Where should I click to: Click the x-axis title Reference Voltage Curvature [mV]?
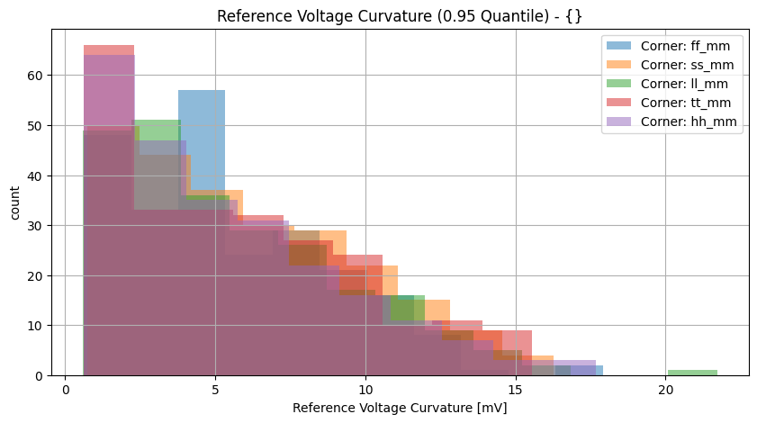point(399,408)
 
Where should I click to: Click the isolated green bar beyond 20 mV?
point(692,373)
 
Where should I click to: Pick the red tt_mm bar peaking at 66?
point(109,50)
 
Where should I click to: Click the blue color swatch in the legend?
point(619,45)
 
